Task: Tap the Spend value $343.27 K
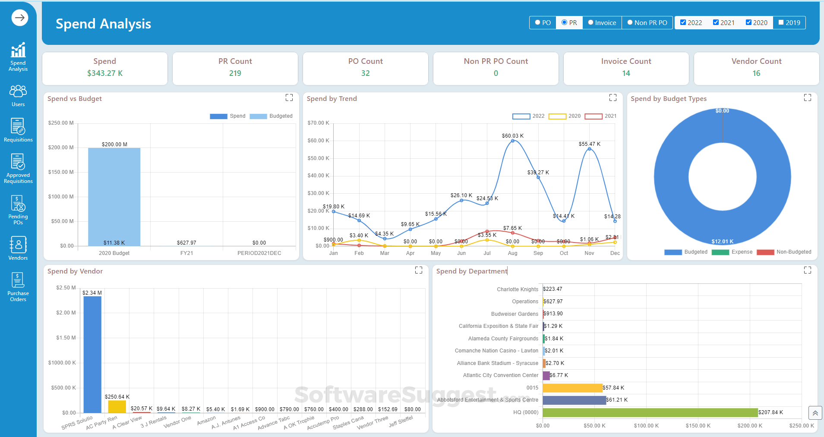105,73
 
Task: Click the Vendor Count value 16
756,73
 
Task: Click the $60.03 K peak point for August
512,141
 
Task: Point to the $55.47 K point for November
589,149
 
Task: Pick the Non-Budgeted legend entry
783,252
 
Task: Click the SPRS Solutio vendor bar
92,354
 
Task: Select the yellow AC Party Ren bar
117,406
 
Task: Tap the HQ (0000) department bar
650,412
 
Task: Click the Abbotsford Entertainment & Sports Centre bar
574,400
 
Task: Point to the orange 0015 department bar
572,388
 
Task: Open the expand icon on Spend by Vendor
419,270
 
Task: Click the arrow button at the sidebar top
19,18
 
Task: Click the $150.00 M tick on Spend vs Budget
61,172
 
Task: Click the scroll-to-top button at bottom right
815,413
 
